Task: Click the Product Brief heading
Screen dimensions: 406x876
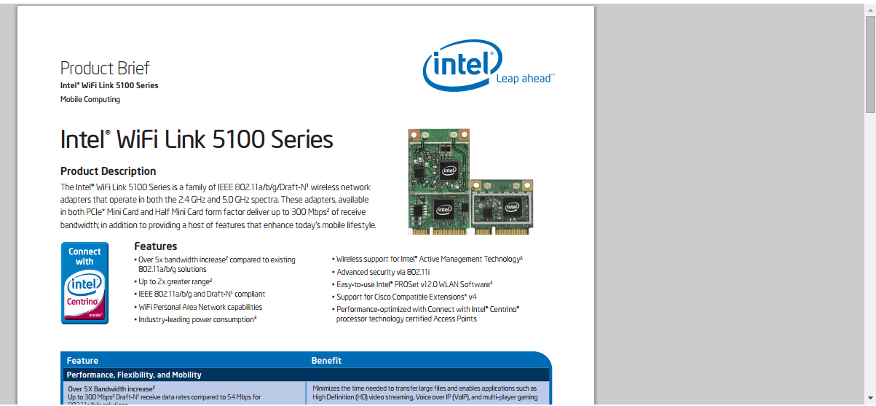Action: [x=105, y=69]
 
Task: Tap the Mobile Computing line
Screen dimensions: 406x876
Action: [x=90, y=99]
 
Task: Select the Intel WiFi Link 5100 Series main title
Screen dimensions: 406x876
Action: [x=197, y=138]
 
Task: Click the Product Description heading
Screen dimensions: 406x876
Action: [x=108, y=171]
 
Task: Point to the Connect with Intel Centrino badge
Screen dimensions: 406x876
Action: [x=84, y=283]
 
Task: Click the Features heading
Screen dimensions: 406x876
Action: [x=156, y=246]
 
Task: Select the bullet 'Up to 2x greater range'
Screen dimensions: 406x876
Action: [x=175, y=281]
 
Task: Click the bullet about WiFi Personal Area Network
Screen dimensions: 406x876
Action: [x=200, y=307]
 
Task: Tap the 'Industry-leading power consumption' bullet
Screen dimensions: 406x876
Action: [x=197, y=319]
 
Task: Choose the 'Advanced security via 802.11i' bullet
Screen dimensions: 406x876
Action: [x=393, y=272]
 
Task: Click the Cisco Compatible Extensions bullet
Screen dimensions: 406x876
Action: [x=406, y=297]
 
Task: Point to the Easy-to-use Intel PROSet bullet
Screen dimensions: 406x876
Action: [x=414, y=284]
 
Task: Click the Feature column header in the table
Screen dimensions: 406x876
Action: [x=82, y=361]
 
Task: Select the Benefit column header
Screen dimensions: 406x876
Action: [x=326, y=361]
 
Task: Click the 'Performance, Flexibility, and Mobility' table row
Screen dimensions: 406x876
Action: [x=134, y=375]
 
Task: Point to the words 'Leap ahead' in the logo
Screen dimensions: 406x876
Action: [x=524, y=79]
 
